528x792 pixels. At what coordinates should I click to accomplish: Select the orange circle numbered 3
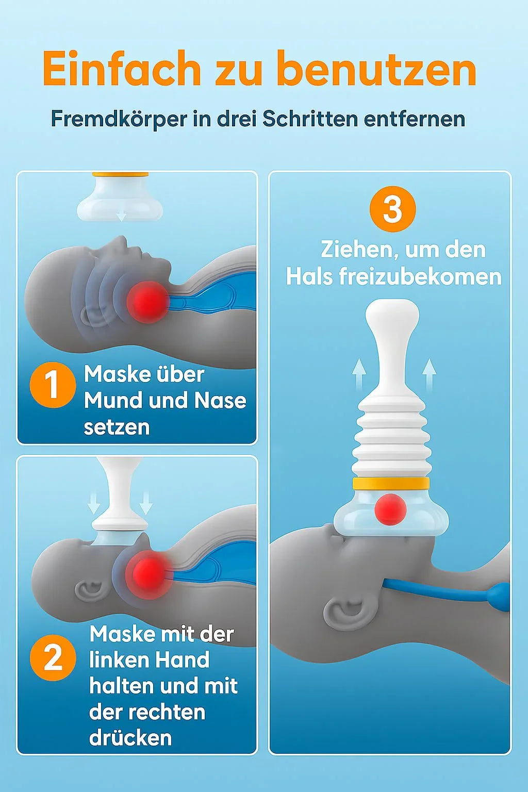392,209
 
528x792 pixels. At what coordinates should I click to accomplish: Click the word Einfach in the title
121,69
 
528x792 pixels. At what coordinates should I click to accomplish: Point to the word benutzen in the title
376,69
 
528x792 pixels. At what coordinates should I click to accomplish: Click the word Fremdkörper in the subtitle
119,120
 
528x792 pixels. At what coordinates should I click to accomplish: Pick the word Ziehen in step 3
358,250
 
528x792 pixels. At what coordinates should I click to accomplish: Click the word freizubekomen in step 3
420,277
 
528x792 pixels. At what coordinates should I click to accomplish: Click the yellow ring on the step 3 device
391,483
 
